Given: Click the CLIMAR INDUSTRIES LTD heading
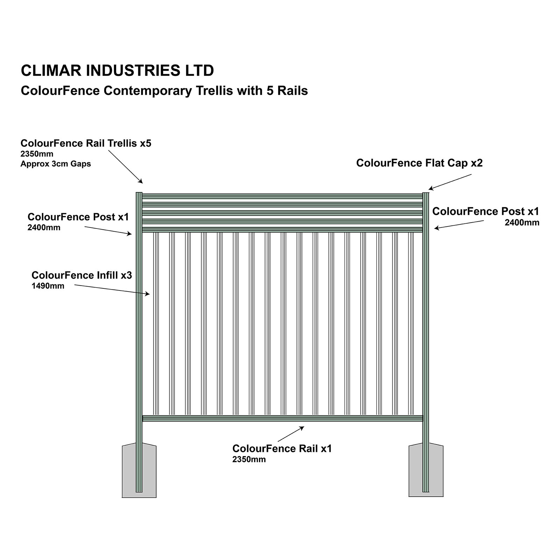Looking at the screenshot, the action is pos(117,70).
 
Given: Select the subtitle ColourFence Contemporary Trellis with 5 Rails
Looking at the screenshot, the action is pos(164,91).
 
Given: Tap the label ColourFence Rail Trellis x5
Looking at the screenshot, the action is pos(86,143).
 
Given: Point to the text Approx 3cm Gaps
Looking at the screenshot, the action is pos(56,164).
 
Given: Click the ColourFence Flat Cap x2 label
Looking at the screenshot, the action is pos(419,163).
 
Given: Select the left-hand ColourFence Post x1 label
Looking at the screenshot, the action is pos(78,217).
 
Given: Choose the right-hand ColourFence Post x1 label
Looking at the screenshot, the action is pos(485,211).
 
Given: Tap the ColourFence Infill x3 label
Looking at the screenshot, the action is pos(82,275).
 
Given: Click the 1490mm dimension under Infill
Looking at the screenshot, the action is pos(48,286).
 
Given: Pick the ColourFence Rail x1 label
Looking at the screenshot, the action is pos(282,449).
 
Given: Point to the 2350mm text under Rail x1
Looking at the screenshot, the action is pos(249,460).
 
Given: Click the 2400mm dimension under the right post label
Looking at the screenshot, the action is pos(522,223).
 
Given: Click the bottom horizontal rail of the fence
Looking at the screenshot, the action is pos(283,418).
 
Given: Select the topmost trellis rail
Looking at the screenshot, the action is pos(282,196).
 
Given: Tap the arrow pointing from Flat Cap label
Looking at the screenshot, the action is pos(450,182).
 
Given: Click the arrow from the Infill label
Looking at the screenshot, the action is pos(112,290).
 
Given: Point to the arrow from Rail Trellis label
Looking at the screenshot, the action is pos(126,167).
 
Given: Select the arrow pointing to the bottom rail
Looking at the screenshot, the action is pos(291,434).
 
